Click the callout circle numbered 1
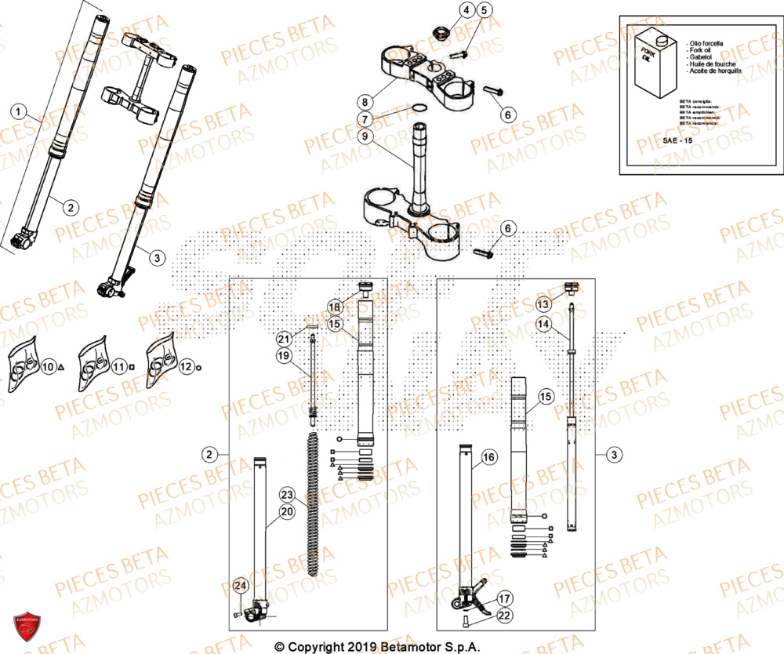20,111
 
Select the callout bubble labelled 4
465,10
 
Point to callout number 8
365,101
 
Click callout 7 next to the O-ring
365,119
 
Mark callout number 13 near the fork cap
543,303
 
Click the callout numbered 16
488,457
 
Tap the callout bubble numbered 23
287,495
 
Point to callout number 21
283,338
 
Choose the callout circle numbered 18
334,307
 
